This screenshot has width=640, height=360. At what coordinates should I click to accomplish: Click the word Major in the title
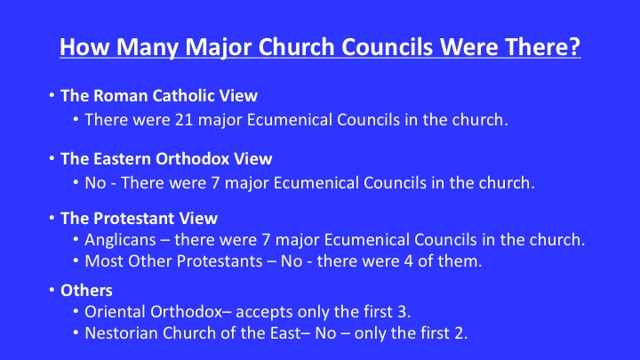(220, 47)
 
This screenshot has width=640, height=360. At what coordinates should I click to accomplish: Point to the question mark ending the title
(575, 46)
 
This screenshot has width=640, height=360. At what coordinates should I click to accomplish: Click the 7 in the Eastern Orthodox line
(215, 183)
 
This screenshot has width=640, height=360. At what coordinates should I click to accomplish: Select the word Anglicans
(120, 240)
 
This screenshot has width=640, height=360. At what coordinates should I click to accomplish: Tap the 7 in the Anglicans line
(266, 240)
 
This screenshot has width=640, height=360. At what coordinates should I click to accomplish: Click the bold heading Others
(86, 291)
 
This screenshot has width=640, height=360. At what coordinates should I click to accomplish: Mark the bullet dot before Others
(52, 290)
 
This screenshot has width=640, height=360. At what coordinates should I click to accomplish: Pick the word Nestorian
(121, 333)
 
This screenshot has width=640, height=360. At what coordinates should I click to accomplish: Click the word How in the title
(85, 47)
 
